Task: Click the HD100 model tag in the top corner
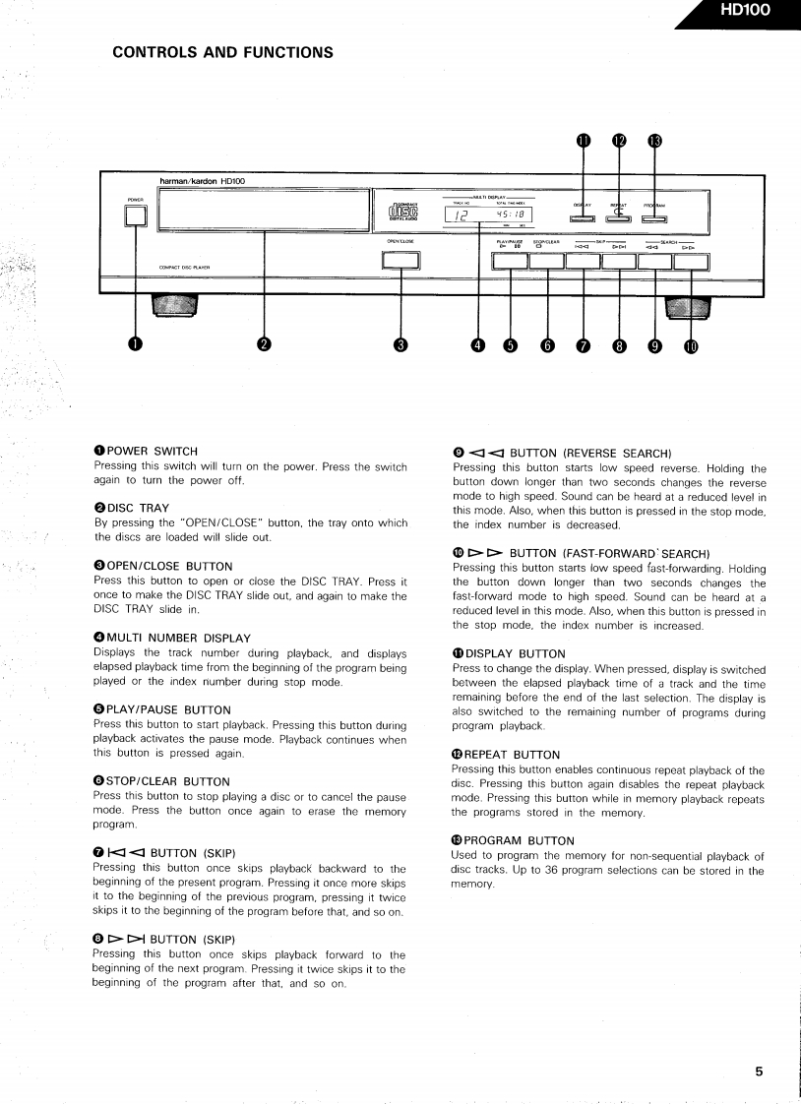745,12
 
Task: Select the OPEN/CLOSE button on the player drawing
400,261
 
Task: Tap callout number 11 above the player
584,141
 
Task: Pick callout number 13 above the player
654,141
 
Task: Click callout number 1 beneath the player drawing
135,343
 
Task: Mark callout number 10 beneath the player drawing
690,345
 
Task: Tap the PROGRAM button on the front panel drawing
654,217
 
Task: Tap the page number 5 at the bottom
759,1072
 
